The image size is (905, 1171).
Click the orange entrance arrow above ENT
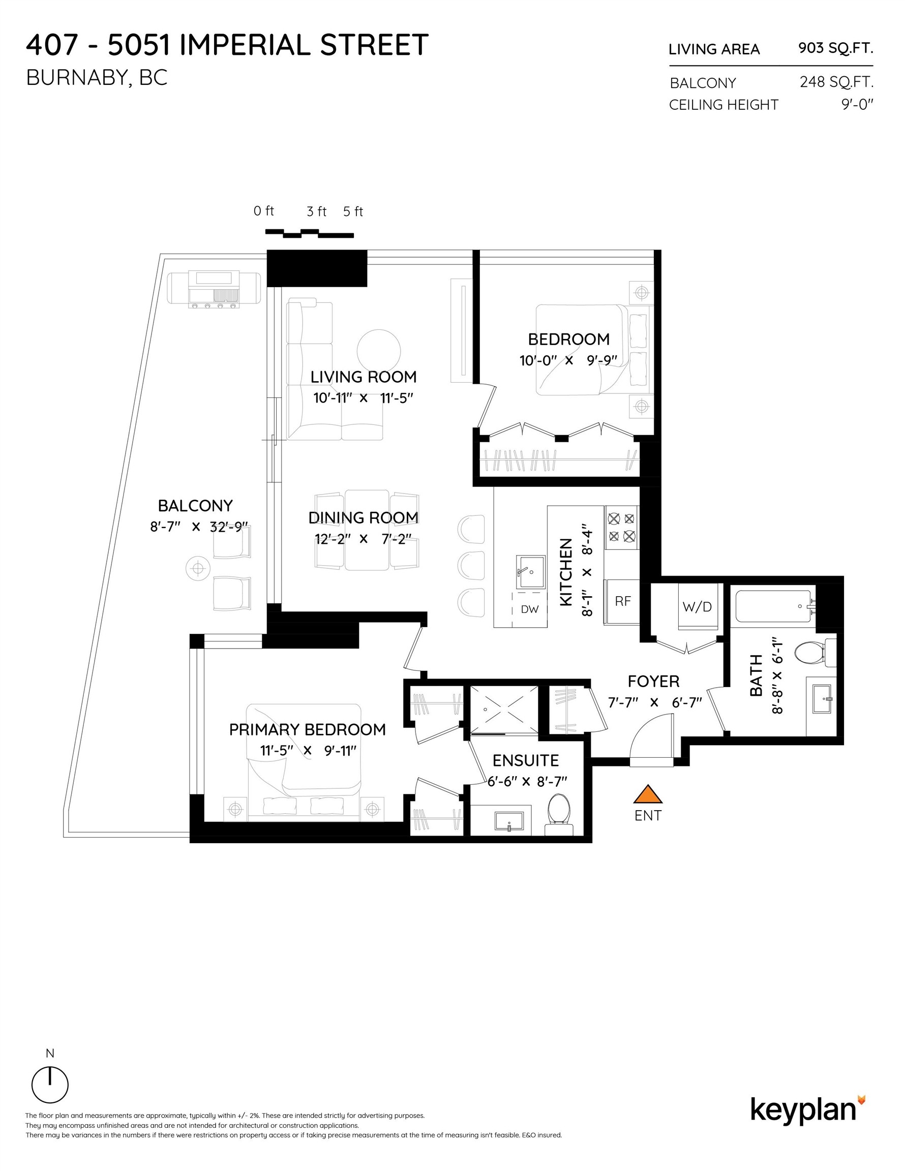tap(648, 794)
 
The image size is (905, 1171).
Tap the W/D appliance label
tap(697, 606)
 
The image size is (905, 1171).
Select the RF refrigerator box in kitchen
tap(622, 602)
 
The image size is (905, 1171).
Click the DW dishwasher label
tap(529, 609)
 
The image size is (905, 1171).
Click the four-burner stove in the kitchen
tap(621, 527)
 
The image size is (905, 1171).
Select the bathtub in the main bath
tap(772, 606)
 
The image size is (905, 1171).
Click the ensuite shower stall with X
tap(504, 710)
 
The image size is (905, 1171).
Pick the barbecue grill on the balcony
tap(214, 290)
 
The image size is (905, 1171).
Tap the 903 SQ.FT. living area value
tap(835, 48)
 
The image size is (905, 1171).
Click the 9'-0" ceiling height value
tap(857, 104)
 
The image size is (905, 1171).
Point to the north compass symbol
tap(50, 1084)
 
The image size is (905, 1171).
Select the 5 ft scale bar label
tap(353, 212)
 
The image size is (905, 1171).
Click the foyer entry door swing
tap(650, 739)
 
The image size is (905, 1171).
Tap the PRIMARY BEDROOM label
tap(308, 729)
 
